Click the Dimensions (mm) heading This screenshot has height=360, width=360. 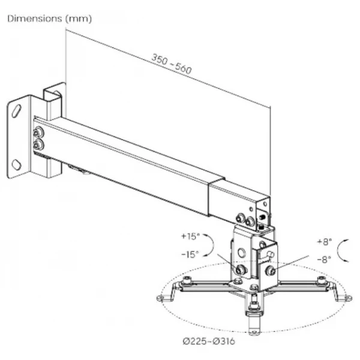50,19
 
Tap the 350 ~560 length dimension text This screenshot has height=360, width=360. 171,64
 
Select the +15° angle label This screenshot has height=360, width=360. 191,236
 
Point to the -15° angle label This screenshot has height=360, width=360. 190,254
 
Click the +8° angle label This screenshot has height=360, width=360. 325,242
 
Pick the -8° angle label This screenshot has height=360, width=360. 324,259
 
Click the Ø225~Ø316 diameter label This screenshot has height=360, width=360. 209,341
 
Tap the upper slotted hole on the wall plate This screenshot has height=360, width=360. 17,111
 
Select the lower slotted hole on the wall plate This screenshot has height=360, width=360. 17,164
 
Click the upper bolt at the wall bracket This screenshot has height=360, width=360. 38,133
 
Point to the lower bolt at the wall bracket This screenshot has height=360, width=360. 38,145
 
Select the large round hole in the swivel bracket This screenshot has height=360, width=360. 241,253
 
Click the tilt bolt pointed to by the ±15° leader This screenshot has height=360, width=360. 241,269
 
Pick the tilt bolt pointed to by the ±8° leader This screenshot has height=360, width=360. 271,271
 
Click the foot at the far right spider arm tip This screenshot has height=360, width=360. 348,298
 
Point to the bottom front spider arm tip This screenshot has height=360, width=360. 254,331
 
